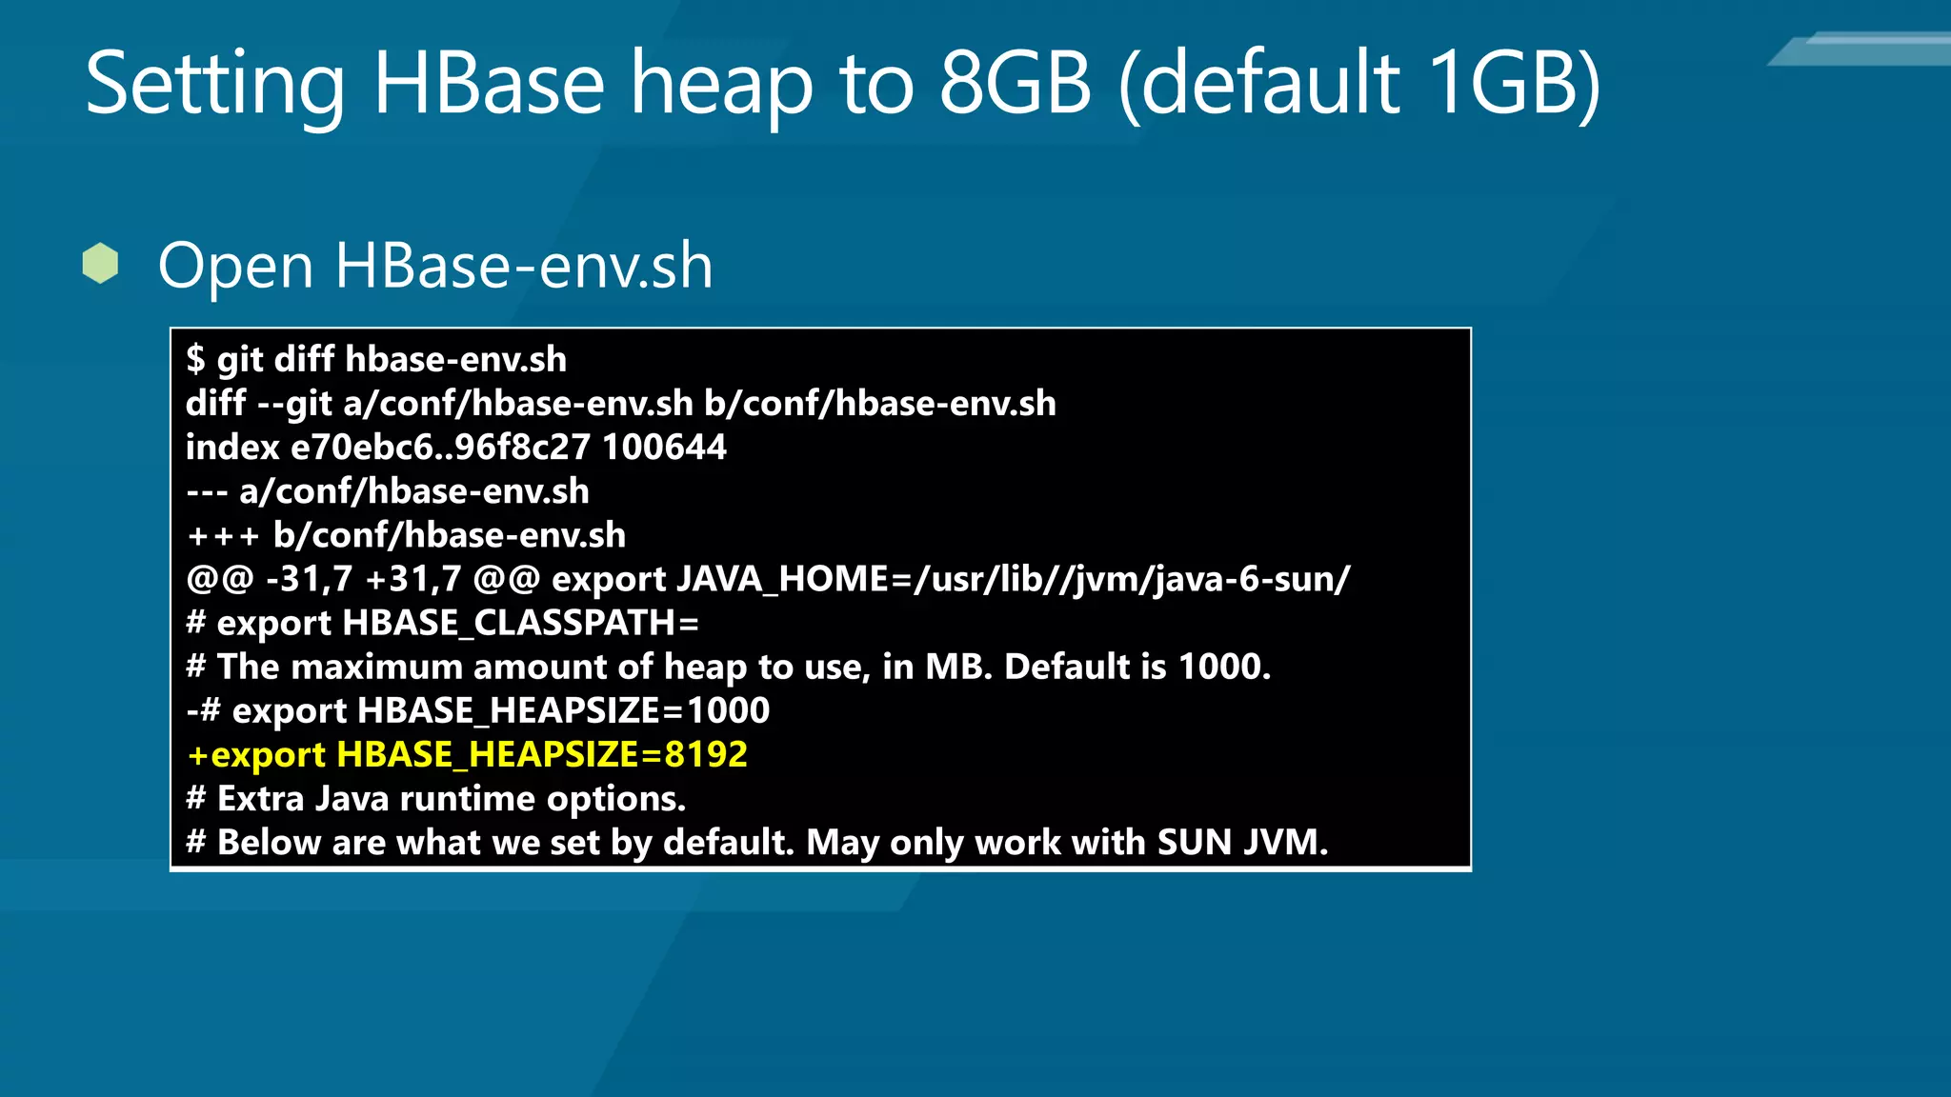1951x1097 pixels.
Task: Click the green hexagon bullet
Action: click(100, 264)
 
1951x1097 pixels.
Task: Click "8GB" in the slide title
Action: click(1015, 84)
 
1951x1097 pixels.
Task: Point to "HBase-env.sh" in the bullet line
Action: click(523, 266)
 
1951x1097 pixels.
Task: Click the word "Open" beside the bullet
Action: click(235, 267)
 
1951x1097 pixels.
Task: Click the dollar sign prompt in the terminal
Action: click(195, 359)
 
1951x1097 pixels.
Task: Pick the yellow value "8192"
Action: click(706, 754)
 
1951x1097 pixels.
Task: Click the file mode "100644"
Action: click(664, 447)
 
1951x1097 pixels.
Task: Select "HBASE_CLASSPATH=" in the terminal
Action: click(520, 623)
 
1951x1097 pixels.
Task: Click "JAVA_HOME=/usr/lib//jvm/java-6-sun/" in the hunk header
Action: click(1014, 579)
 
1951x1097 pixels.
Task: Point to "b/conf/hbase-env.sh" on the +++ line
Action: click(450, 535)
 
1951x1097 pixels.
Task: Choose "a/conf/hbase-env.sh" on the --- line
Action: click(414, 491)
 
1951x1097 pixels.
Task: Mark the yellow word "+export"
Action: click(256, 754)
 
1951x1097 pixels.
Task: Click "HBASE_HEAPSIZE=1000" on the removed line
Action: click(563, 710)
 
